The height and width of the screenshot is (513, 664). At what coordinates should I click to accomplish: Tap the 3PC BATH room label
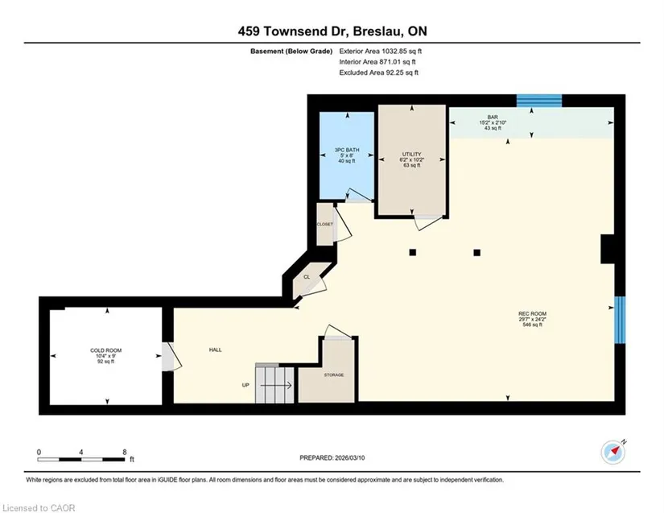pyautogui.click(x=347, y=150)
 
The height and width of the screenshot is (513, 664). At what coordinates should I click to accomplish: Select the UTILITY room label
pyautogui.click(x=411, y=154)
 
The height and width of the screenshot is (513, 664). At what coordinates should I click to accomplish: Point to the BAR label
pyautogui.click(x=493, y=117)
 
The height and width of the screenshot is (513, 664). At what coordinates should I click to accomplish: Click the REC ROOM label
pyautogui.click(x=532, y=314)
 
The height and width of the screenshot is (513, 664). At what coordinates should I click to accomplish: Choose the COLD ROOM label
pyautogui.click(x=106, y=350)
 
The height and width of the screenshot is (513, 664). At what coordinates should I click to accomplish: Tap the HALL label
pyautogui.click(x=215, y=350)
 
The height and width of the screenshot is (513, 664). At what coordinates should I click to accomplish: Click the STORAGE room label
pyautogui.click(x=334, y=375)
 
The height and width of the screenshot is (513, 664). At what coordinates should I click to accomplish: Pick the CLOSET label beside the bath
pyautogui.click(x=325, y=224)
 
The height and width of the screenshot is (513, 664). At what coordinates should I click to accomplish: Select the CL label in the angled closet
pyautogui.click(x=307, y=277)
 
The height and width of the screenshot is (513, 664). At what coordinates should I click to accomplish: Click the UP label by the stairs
pyautogui.click(x=245, y=385)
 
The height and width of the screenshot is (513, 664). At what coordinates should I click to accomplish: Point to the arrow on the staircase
pyautogui.click(x=276, y=386)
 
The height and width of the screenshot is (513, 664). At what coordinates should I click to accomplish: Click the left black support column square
pyautogui.click(x=412, y=253)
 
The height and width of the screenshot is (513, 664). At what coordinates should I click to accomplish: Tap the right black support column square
pyautogui.click(x=476, y=253)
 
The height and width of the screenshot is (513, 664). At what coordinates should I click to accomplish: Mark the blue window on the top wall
pyautogui.click(x=539, y=101)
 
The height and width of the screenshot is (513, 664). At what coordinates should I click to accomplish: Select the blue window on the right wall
pyautogui.click(x=620, y=320)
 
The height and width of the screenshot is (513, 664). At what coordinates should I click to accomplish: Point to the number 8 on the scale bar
pyautogui.click(x=125, y=452)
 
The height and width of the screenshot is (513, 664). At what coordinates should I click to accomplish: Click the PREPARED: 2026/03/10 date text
pyautogui.click(x=332, y=458)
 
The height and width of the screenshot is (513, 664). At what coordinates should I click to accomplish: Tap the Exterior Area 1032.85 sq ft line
pyautogui.click(x=380, y=52)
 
